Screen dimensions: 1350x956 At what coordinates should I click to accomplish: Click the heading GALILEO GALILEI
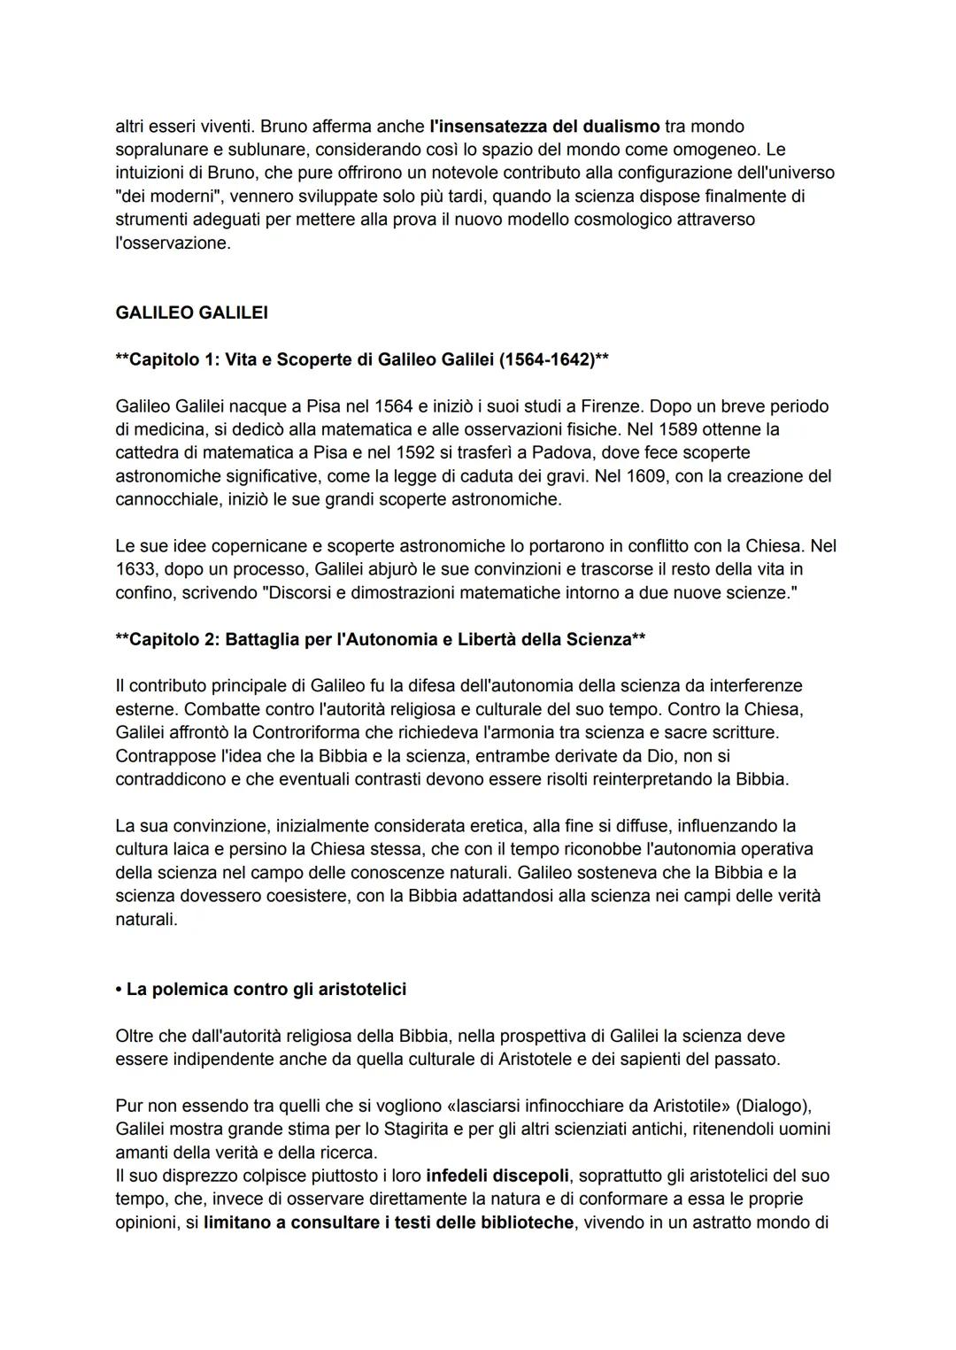(191, 312)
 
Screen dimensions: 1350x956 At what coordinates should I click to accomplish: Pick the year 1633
(135, 569)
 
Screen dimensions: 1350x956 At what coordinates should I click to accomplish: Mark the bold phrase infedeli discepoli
(497, 1176)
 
